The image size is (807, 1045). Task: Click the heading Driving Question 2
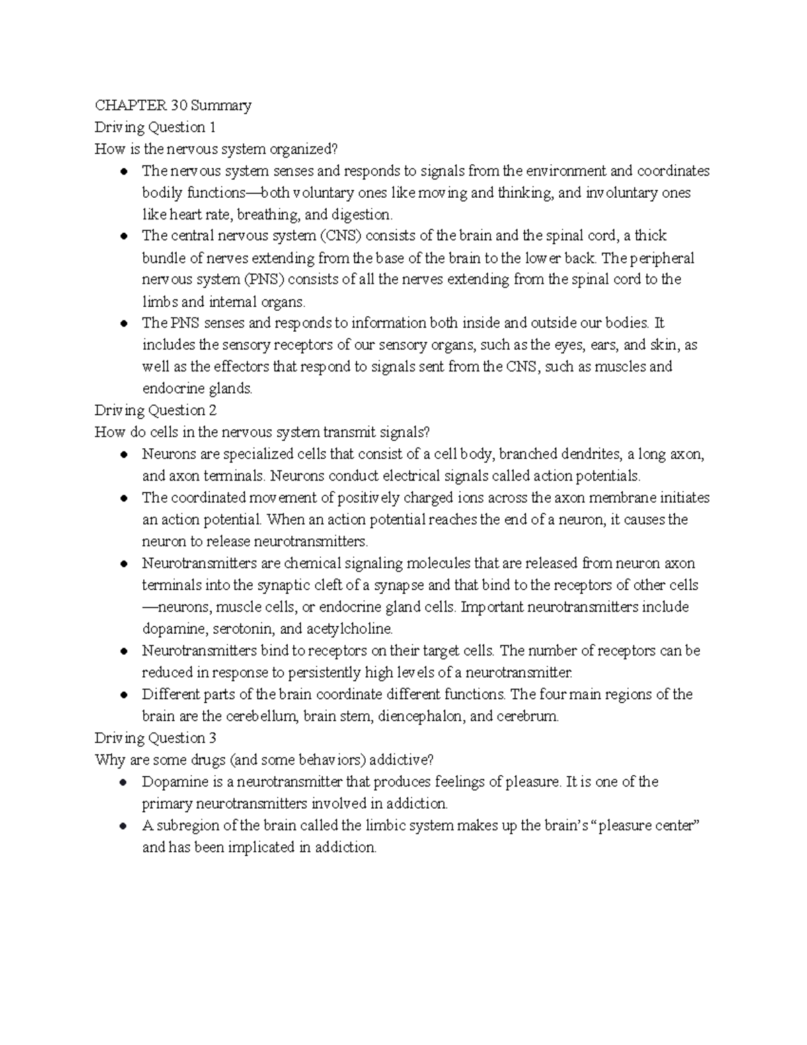pyautogui.click(x=155, y=410)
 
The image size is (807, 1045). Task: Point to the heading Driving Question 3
pyautogui.click(x=155, y=738)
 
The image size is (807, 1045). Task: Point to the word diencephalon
pyautogui.click(x=420, y=717)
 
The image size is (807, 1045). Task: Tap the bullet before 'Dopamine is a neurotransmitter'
pyautogui.click(x=124, y=783)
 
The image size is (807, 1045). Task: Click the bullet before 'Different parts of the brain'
pyautogui.click(x=124, y=695)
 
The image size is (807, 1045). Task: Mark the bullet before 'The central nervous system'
pyautogui.click(x=124, y=237)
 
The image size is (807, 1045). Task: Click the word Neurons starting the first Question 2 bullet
pyautogui.click(x=165, y=454)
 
